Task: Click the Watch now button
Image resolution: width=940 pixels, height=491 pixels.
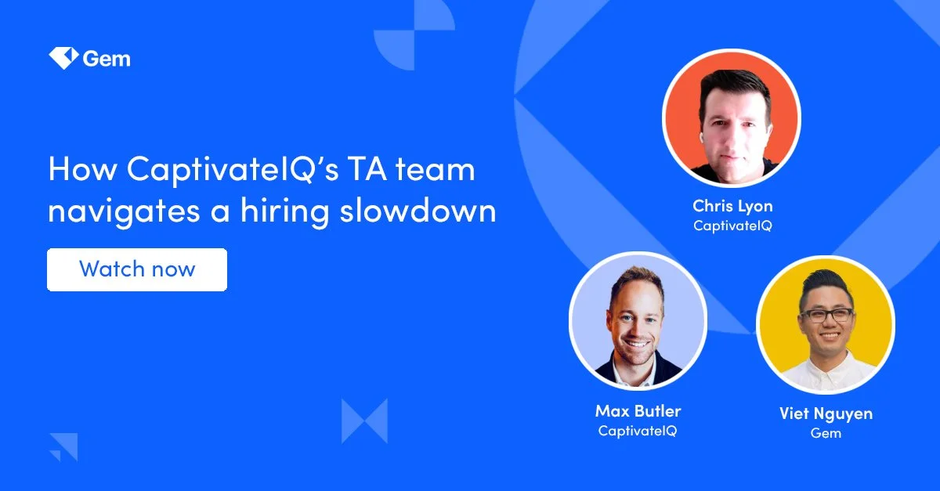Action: pyautogui.click(x=137, y=270)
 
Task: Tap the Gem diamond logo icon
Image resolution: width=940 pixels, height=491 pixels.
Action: pyautogui.click(x=61, y=59)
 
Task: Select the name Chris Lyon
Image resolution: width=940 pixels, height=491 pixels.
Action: pyautogui.click(x=732, y=206)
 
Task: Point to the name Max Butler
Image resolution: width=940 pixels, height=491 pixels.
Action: pyautogui.click(x=638, y=411)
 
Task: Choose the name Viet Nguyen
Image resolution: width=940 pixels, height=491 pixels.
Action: pyautogui.click(x=826, y=413)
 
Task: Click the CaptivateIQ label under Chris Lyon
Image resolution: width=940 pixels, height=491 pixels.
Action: pyautogui.click(x=732, y=226)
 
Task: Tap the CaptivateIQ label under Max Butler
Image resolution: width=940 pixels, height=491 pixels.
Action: pyautogui.click(x=638, y=431)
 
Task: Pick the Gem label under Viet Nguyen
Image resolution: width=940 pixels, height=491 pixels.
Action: pyautogui.click(x=826, y=432)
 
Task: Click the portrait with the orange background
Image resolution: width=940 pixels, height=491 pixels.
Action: pyautogui.click(x=732, y=117)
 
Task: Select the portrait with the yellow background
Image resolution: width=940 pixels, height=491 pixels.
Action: pyautogui.click(x=826, y=325)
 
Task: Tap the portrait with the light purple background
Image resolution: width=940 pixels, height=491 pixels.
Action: pyautogui.click(x=638, y=321)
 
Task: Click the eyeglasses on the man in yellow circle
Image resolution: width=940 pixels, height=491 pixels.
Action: pyautogui.click(x=826, y=315)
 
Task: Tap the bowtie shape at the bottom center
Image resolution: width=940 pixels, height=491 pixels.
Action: pyautogui.click(x=364, y=421)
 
